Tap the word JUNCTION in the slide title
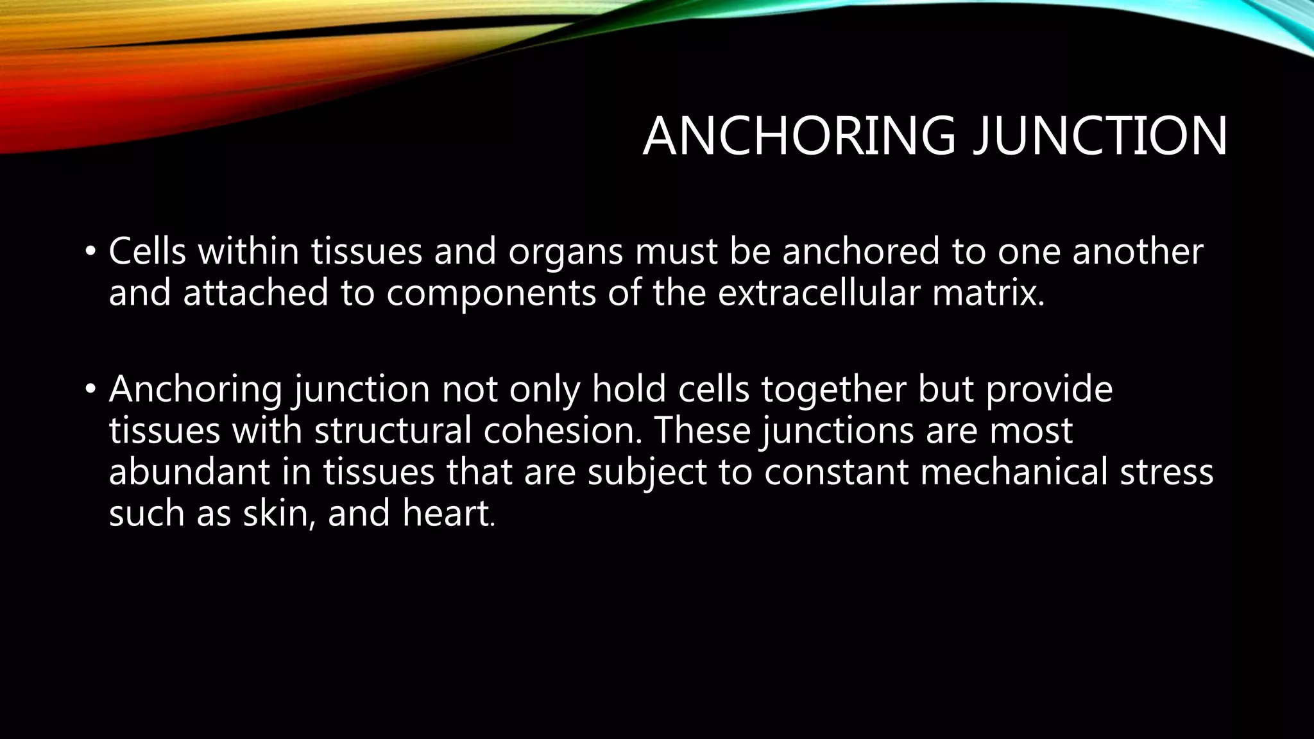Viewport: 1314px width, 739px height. click(x=1100, y=136)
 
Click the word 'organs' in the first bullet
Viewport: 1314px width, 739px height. click(x=565, y=252)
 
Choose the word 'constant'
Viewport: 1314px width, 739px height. click(x=836, y=473)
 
